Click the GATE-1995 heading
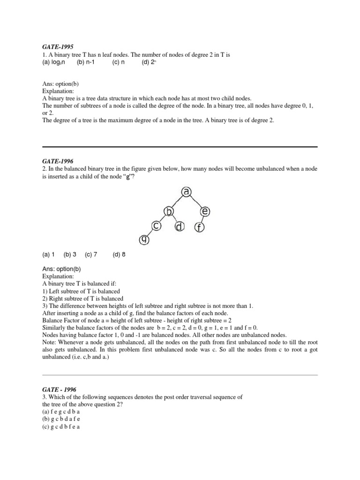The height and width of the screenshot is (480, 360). coord(55,47)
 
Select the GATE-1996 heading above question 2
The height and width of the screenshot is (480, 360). coord(55,160)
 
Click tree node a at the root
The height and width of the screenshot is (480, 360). coord(187,192)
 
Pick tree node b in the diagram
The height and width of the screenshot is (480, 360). coord(169,212)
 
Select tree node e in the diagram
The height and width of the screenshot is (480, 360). coord(205,212)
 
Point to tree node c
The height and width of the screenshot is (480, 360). coord(156,226)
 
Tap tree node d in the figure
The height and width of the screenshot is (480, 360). coord(180,227)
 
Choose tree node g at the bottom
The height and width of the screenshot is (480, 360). coord(144,240)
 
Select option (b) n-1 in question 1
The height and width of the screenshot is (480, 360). coord(86,62)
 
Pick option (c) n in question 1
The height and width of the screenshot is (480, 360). coord(119,62)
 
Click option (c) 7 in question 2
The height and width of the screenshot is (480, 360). coord(91,255)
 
